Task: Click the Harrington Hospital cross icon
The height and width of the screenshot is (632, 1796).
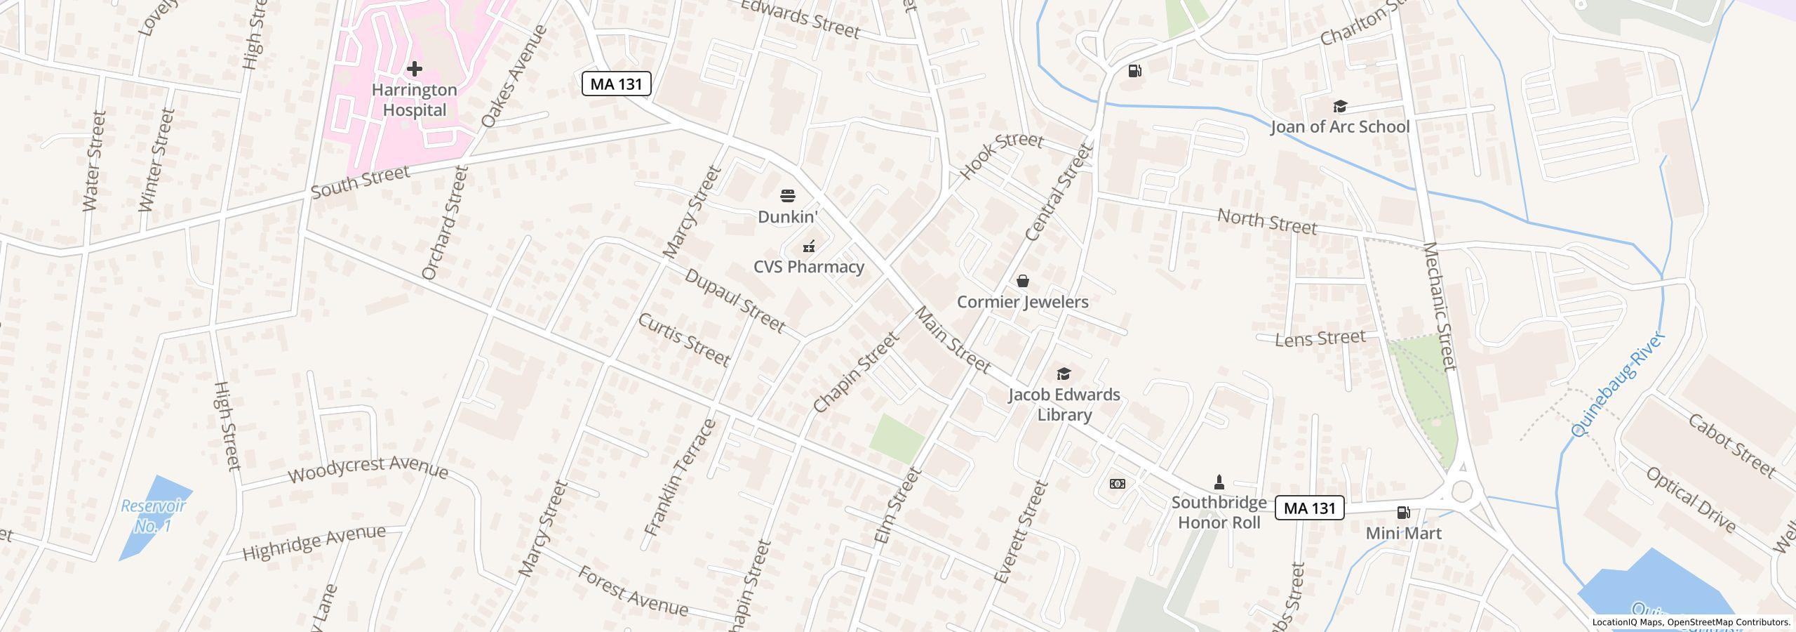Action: coord(415,69)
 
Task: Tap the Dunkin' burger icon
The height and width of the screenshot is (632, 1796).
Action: coord(788,195)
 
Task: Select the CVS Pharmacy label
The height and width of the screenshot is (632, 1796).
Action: coord(808,267)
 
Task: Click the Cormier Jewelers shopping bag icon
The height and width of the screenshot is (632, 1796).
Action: coord(1023,281)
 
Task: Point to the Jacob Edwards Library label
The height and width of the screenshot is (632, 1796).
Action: coord(1064,404)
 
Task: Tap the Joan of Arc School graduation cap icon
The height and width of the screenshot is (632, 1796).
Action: coord(1340,107)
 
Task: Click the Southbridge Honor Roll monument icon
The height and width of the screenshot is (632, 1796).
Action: coord(1219,482)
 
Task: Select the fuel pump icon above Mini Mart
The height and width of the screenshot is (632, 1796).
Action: coord(1403,513)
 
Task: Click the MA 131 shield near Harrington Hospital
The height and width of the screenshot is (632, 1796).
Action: coord(617,84)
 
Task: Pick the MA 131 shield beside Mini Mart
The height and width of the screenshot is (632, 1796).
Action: coord(1309,508)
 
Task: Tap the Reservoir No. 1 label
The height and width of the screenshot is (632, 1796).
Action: coord(153,515)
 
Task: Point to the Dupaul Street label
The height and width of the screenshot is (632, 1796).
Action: coord(734,300)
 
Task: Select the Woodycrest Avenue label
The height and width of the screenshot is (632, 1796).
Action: coord(368,469)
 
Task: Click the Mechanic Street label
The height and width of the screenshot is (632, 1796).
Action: coord(1440,306)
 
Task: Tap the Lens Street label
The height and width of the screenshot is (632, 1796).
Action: coord(1320,339)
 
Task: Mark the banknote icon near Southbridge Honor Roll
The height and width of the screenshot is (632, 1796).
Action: coord(1118,484)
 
